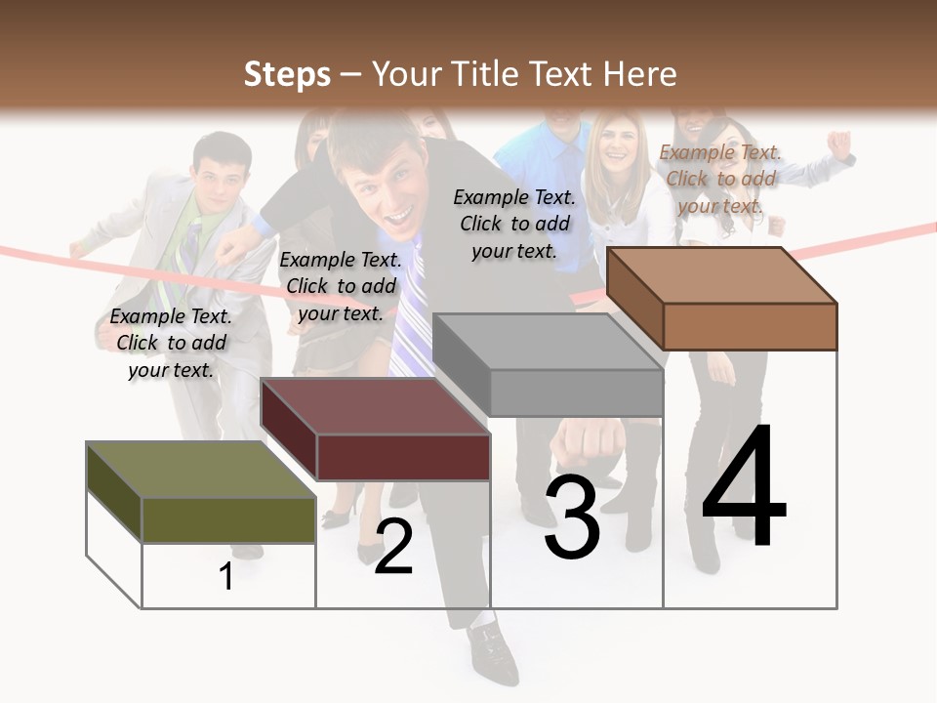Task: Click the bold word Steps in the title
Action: [x=287, y=74]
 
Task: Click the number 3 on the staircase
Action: [x=572, y=518]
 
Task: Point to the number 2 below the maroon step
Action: [x=393, y=547]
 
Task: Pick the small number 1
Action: [x=226, y=576]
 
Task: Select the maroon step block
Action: [x=376, y=429]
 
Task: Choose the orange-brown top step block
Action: [x=722, y=298]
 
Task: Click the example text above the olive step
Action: [x=171, y=343]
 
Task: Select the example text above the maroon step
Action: [x=341, y=286]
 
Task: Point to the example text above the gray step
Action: [x=514, y=224]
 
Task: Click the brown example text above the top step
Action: [x=720, y=179]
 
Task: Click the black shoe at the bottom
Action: [x=493, y=653]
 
